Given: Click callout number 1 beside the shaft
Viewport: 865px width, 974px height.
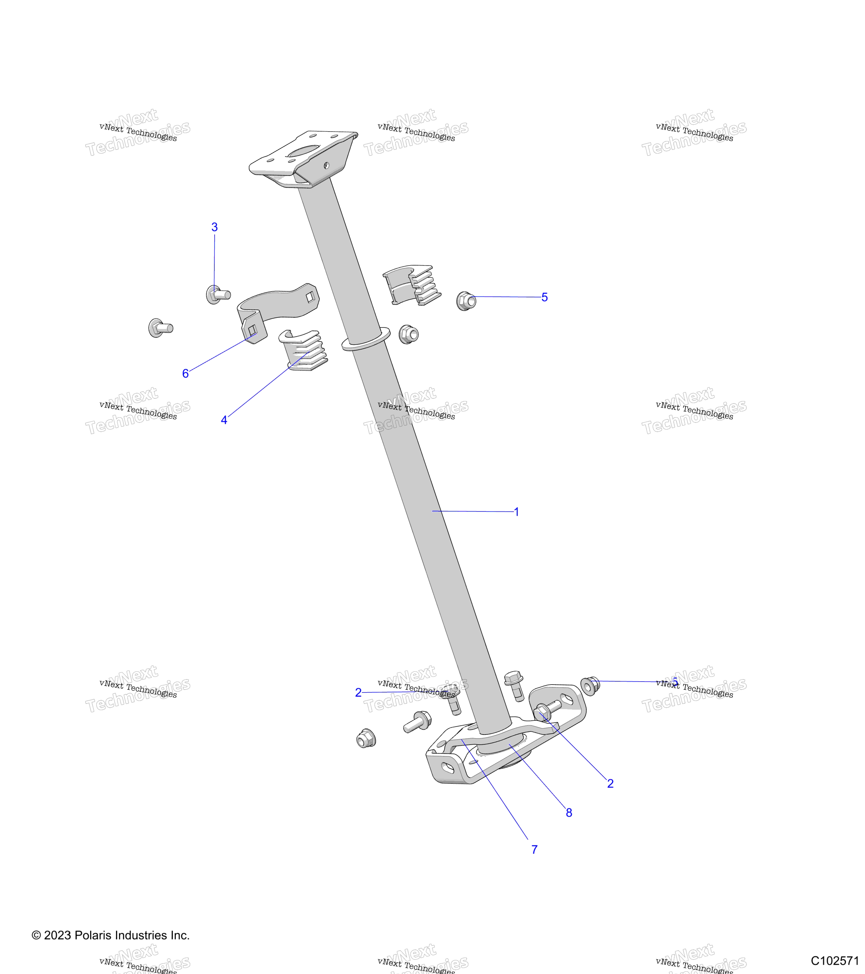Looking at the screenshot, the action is [x=517, y=512].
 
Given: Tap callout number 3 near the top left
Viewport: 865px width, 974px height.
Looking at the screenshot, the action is [x=215, y=227].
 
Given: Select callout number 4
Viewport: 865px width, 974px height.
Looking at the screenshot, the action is [x=224, y=420].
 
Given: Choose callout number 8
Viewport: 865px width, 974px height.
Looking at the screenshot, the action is [x=569, y=813].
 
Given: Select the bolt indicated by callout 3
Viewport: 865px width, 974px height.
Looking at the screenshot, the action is [x=218, y=295].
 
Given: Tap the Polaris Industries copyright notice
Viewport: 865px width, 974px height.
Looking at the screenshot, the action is [x=111, y=935].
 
